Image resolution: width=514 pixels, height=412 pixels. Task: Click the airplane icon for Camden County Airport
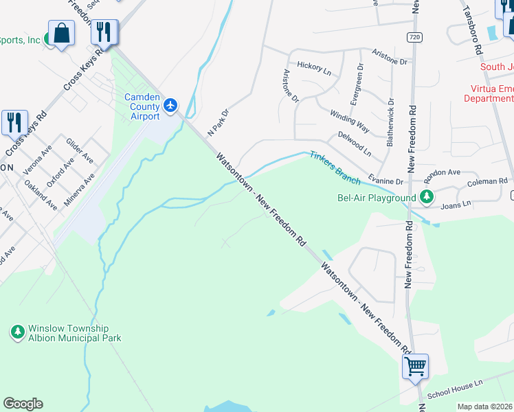pyautogui.click(x=171, y=106)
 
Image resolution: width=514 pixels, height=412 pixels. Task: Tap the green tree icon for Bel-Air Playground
pyautogui.click(x=427, y=198)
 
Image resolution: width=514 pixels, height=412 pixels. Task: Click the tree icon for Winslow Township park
pyautogui.click(x=18, y=333)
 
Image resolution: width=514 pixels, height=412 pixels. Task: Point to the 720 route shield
pyautogui.click(x=413, y=36)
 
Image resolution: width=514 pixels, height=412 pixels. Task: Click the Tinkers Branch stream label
pyautogui.click(x=335, y=168)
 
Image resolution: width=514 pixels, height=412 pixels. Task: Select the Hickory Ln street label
pyautogui.click(x=314, y=67)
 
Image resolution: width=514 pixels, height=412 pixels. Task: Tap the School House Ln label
pyautogui.click(x=455, y=390)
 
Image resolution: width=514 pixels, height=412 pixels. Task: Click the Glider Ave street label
pyautogui.click(x=80, y=150)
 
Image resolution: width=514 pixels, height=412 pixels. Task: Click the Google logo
pyautogui.click(x=23, y=404)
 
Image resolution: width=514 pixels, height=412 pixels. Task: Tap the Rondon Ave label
pyautogui.click(x=443, y=172)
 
